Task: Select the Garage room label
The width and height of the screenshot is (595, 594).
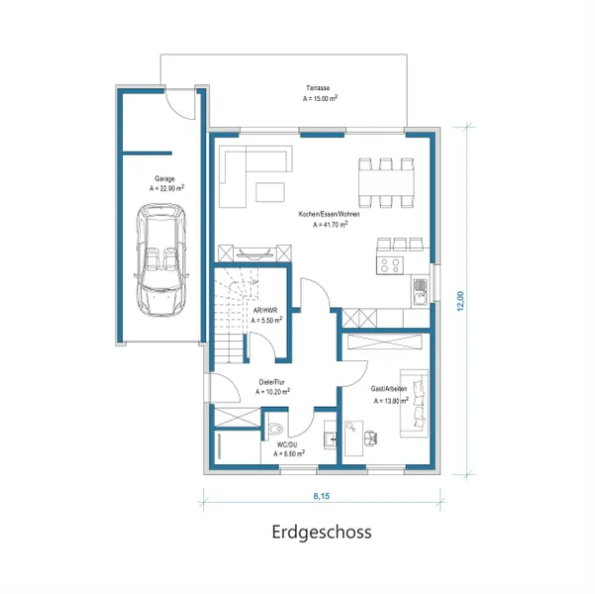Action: pyautogui.click(x=163, y=179)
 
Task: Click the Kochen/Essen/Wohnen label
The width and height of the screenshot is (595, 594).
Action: pyautogui.click(x=329, y=215)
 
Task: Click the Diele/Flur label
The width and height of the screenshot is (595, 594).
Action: pyautogui.click(x=273, y=382)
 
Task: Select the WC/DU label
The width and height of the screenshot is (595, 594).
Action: pyautogui.click(x=287, y=445)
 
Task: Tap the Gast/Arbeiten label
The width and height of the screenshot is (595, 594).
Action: pyautogui.click(x=387, y=390)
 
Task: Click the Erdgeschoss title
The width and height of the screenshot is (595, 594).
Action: pyautogui.click(x=322, y=532)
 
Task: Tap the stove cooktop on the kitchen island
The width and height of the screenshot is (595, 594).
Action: pyautogui.click(x=389, y=264)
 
